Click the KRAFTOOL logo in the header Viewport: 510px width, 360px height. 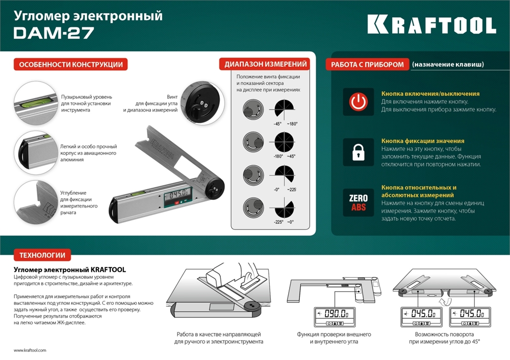431,24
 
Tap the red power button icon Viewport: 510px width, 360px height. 358,102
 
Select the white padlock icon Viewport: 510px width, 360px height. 358,151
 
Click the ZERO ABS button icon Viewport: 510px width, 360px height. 358,202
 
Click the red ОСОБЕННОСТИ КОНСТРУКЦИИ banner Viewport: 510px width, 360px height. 70,65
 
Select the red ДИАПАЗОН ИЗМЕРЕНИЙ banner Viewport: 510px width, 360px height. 265,64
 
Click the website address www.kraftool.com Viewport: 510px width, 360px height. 30,351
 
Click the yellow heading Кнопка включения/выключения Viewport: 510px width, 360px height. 430,94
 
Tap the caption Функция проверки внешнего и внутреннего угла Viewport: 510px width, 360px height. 334,338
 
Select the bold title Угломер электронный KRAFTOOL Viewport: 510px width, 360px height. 69,269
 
